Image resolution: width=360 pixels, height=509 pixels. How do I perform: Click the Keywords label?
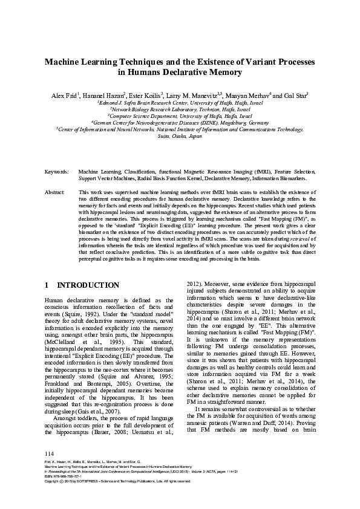[56, 172]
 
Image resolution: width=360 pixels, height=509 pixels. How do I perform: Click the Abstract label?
[55, 192]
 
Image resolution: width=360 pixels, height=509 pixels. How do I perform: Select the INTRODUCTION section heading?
[88, 285]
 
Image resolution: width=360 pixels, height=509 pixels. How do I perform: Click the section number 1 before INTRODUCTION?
[48, 285]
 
